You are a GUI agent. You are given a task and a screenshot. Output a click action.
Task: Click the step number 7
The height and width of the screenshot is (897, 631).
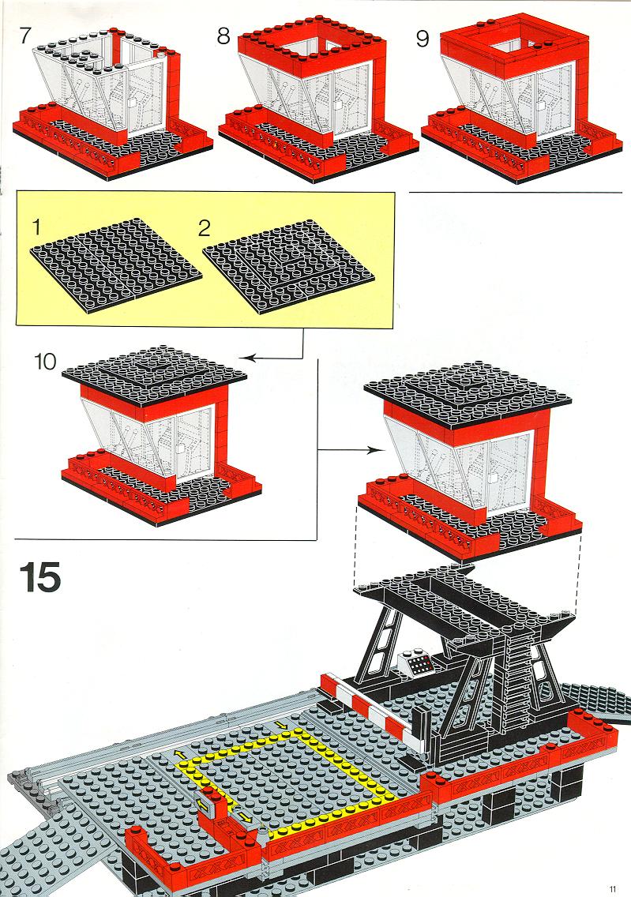tap(25, 35)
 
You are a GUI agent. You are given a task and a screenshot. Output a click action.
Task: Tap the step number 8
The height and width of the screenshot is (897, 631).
tap(223, 36)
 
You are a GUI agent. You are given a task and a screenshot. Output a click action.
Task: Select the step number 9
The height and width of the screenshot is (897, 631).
tap(423, 39)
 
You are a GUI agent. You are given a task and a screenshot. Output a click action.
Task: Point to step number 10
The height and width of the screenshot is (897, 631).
tap(46, 362)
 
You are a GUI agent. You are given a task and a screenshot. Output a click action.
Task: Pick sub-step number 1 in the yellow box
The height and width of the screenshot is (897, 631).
tap(37, 227)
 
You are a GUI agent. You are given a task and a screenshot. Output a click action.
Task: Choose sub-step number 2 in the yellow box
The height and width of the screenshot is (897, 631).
tap(205, 228)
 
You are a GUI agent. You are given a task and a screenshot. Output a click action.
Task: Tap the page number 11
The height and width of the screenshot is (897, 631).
tap(613, 888)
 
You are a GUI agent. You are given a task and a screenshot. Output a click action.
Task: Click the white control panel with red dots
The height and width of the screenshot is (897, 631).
tap(416, 663)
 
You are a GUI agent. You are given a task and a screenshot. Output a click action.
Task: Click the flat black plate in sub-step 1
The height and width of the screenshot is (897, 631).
tap(115, 265)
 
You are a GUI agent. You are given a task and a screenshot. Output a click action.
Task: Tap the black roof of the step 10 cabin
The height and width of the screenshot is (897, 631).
tap(155, 375)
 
